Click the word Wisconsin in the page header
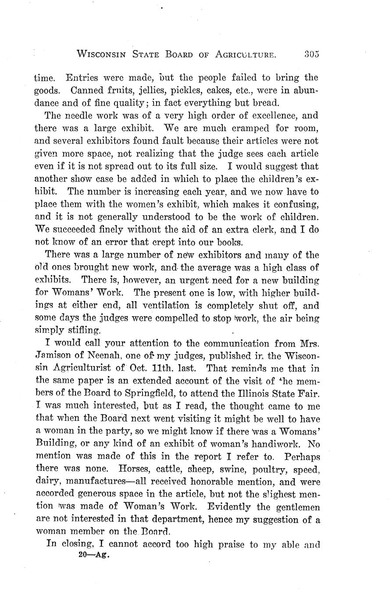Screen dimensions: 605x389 point(102,54)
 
